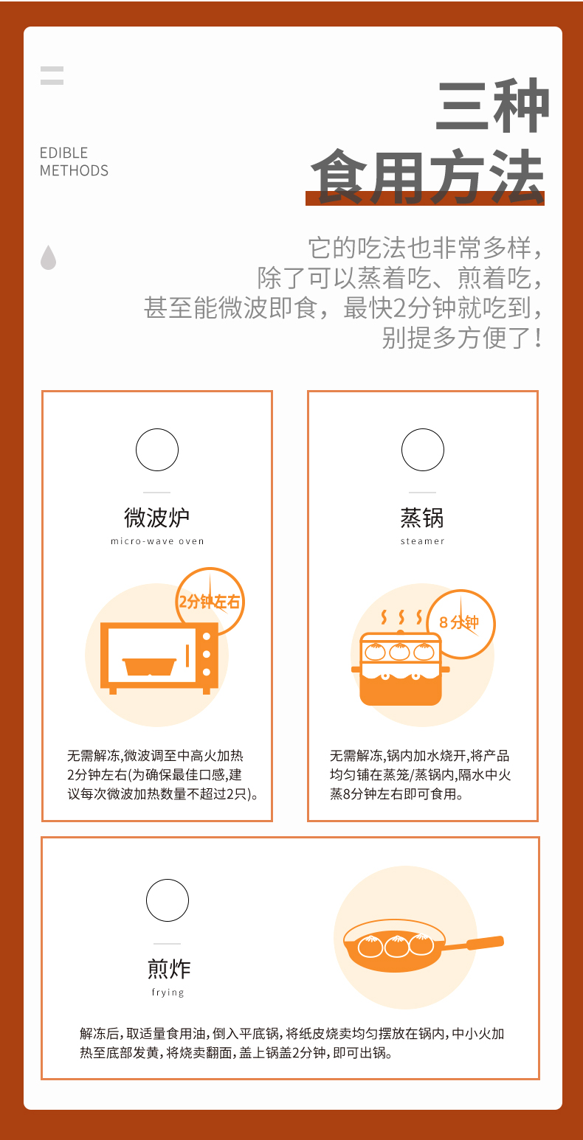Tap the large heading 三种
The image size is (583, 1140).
pos(491,107)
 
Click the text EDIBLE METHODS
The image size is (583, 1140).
pos(74,161)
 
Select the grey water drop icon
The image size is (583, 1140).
pos(48,257)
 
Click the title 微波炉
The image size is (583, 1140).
pos(156,518)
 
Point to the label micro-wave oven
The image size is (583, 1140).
pos(157,541)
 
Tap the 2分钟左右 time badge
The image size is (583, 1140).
pos(210,601)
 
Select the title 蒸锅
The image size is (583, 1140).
pos(422,518)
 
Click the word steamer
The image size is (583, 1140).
pos(422,541)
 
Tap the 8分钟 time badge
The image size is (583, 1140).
pos(460,623)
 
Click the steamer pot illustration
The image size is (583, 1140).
pos(399,669)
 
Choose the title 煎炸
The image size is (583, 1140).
pos(168,968)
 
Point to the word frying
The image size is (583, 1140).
pos(168,993)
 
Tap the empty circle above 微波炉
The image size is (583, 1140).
pos(157,450)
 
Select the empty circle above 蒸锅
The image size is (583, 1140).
pos(423,450)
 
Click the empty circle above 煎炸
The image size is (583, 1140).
pos(168,900)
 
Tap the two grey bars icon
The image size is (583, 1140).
pos(52,75)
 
